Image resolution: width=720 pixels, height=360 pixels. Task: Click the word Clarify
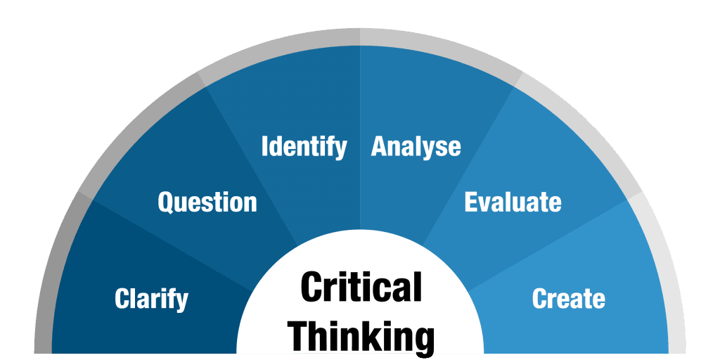click(152, 299)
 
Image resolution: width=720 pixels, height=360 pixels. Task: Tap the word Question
click(207, 202)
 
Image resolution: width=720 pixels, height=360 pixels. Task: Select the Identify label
click(304, 147)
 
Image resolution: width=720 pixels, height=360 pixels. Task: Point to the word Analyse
click(416, 147)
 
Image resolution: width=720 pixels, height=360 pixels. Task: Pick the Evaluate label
click(513, 202)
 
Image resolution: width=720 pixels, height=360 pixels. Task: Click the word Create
click(568, 298)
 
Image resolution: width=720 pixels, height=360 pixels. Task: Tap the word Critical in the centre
click(361, 286)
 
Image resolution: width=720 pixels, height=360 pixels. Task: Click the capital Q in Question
click(167, 202)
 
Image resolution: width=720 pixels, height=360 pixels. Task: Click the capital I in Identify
click(264, 146)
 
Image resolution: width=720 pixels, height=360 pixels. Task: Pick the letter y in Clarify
click(182, 302)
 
